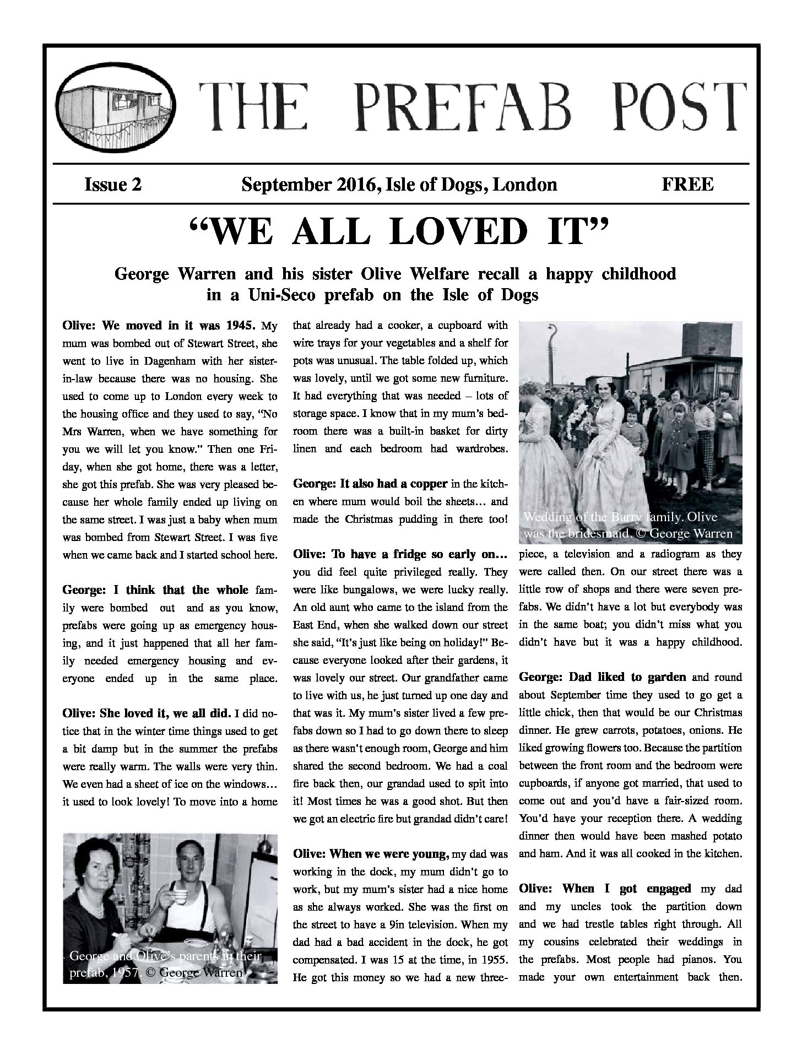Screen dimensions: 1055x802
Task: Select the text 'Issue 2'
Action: (112, 184)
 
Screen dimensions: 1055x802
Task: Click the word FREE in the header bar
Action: (687, 184)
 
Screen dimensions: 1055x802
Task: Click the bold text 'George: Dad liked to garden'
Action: (603, 677)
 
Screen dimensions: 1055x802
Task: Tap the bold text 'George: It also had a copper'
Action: (370, 484)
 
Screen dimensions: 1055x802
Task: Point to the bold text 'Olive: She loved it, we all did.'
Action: (147, 713)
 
